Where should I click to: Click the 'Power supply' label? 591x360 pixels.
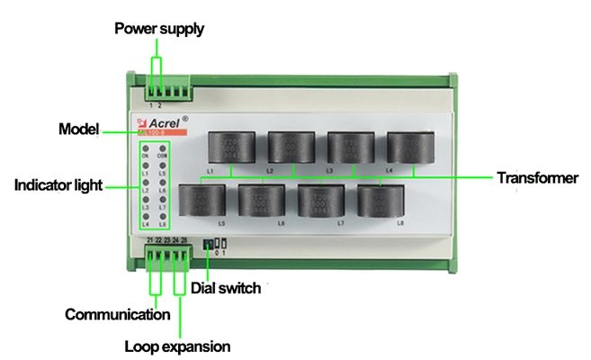[x=159, y=29]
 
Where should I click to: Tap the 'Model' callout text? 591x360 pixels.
[x=77, y=128]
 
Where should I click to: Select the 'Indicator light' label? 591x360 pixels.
[x=58, y=186]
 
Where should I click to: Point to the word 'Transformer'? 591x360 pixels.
[x=537, y=178]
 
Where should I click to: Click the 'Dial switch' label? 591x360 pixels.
[x=226, y=288]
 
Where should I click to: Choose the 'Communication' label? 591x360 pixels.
[x=118, y=314]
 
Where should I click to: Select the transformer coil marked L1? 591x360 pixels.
[x=231, y=148]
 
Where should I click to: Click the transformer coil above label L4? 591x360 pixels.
[x=409, y=148]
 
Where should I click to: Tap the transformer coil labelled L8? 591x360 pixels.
[x=380, y=200]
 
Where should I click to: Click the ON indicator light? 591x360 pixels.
[x=146, y=146]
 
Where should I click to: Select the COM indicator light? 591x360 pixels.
[x=163, y=146]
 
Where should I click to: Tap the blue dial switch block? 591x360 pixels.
[x=209, y=244]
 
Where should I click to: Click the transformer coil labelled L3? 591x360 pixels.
[x=350, y=148]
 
